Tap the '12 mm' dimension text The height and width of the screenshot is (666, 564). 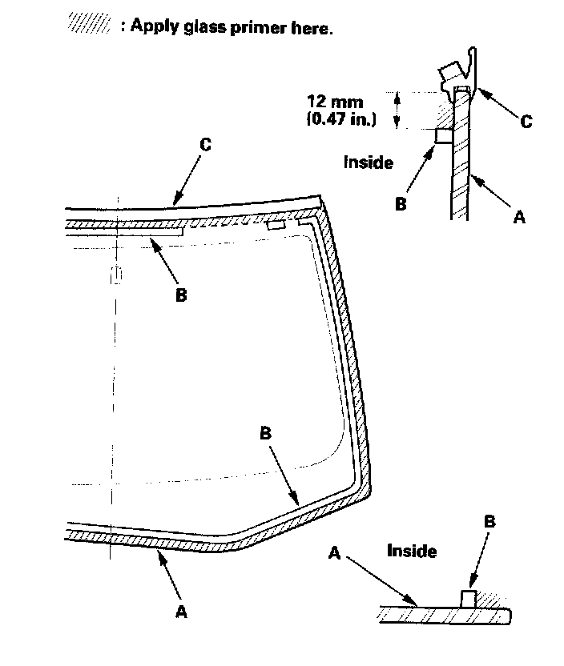[x=335, y=102]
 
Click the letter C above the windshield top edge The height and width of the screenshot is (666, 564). [x=205, y=145]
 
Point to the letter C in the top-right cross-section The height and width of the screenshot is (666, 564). [x=526, y=122]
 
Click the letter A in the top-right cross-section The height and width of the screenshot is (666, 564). [x=518, y=216]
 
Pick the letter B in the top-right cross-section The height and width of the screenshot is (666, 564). [x=401, y=203]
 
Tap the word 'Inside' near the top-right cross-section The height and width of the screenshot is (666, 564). [x=368, y=162]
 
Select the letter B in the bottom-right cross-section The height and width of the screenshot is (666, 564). [x=489, y=522]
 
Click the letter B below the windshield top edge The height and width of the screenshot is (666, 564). [x=181, y=295]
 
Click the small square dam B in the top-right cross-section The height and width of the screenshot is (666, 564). [x=442, y=137]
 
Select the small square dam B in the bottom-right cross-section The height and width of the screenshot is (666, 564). [x=469, y=598]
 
